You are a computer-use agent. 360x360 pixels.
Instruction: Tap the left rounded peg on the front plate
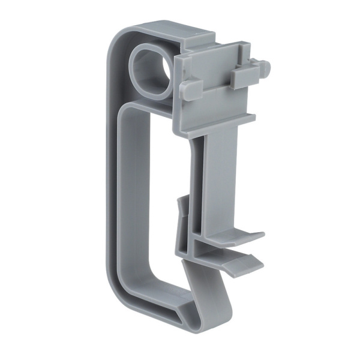click(187, 90)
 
